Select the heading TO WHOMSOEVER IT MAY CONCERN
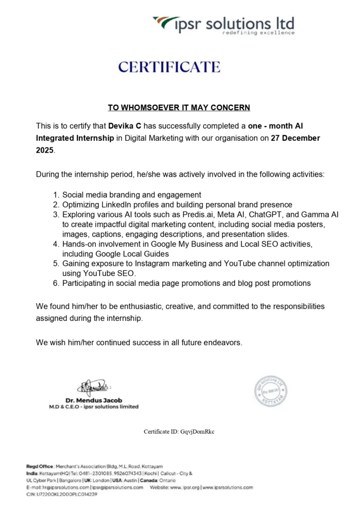[x=179, y=107]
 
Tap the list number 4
[x=56, y=244]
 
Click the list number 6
[x=56, y=283]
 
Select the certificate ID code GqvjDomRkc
[x=197, y=432]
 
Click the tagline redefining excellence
[x=265, y=33]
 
